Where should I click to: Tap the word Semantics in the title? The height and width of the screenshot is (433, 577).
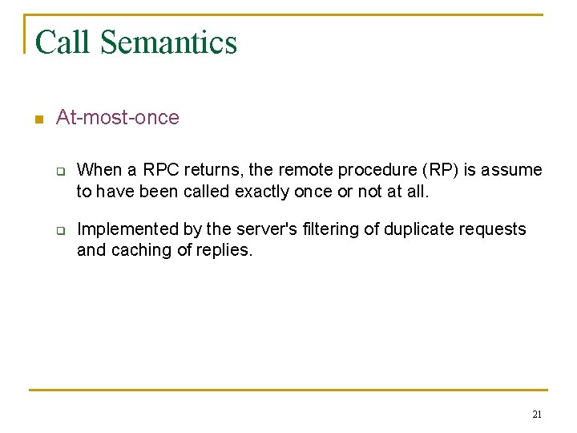(x=168, y=42)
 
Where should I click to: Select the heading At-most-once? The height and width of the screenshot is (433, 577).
(x=117, y=118)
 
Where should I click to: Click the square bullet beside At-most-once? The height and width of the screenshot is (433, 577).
(x=37, y=119)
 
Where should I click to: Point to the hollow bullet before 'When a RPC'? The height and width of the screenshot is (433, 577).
(x=59, y=171)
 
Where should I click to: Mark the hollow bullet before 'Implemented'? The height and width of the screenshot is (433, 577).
(x=59, y=230)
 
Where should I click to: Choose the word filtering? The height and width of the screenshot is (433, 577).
(x=329, y=229)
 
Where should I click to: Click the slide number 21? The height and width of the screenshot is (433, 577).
(x=537, y=415)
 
